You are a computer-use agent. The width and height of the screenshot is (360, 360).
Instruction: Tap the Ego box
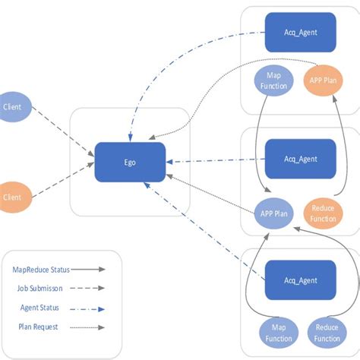click(130, 163)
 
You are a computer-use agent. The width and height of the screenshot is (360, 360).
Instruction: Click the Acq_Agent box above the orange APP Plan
click(300, 32)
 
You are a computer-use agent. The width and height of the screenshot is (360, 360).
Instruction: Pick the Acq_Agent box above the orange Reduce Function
click(300, 159)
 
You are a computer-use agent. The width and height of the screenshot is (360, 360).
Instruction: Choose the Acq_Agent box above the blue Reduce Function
click(300, 280)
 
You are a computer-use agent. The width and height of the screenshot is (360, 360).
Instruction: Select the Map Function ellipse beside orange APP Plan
click(274, 81)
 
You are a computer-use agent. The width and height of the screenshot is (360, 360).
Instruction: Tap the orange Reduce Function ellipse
click(323, 213)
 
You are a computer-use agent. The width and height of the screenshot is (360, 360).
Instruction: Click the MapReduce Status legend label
click(39, 269)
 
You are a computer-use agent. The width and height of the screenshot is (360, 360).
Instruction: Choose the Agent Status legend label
click(39, 308)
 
